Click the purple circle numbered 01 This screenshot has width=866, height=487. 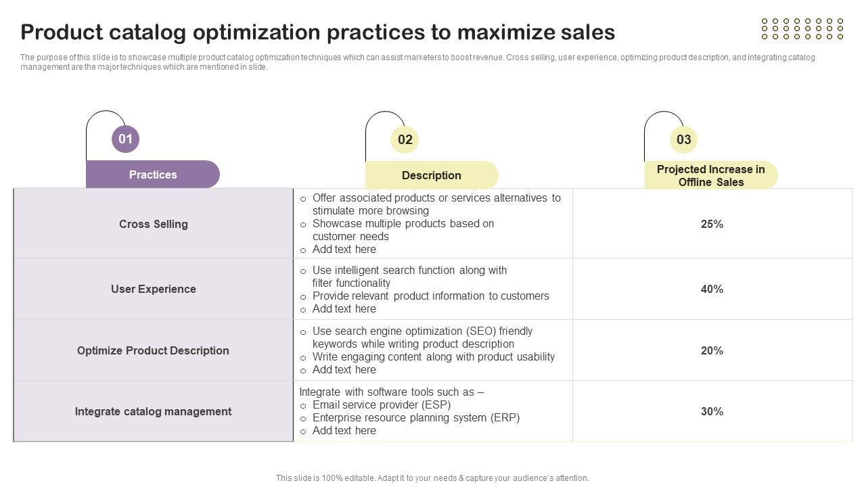pos(125,139)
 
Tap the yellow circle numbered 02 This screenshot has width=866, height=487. pos(405,139)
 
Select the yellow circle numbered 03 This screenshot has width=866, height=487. pos(683,139)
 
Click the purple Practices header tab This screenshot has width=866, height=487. pos(153,175)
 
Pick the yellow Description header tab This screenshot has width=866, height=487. pos(432,175)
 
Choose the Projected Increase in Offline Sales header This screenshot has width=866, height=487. pos(711,175)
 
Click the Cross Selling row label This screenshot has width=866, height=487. pos(154,224)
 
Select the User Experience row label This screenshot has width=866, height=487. pos(154,289)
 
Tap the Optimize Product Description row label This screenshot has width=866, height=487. pos(153,350)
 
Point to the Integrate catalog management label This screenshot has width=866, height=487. pos(153,412)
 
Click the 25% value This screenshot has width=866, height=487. pos(712,224)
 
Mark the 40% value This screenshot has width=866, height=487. pos(712,289)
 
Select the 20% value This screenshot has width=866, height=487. pos(712,350)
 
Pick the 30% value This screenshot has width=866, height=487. pos(712,412)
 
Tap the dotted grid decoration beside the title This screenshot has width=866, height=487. pos(802,28)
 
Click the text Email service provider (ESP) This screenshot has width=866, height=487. pos(382,405)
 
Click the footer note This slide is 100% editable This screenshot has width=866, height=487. pos(432,478)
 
